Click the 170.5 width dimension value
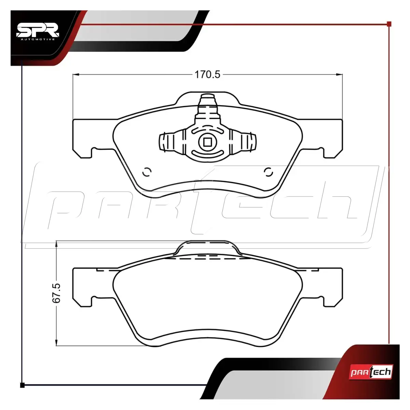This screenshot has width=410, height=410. (207, 75)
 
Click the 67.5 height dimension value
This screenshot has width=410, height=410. (57, 293)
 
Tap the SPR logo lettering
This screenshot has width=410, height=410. (38, 31)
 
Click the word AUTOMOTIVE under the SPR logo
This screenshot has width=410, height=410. (38, 39)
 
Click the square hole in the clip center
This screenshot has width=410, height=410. (207, 142)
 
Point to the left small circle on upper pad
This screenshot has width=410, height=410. (147, 172)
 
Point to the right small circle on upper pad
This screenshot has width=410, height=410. (268, 172)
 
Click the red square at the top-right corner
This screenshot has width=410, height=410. (389, 24)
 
